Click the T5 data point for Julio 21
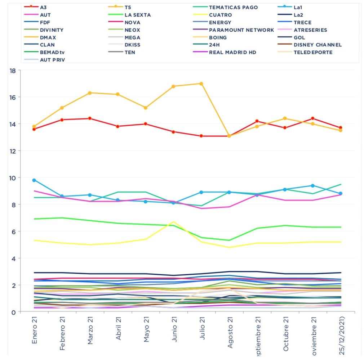201,84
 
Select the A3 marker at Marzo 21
90,118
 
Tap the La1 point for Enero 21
34,180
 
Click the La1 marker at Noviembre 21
312,185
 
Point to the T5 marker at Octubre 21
285,118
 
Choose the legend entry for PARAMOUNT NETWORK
241,30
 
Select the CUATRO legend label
220,15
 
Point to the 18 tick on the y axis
13,71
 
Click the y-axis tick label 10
13,178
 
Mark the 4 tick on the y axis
13,258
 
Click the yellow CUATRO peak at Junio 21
173,222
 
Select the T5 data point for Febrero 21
62,108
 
